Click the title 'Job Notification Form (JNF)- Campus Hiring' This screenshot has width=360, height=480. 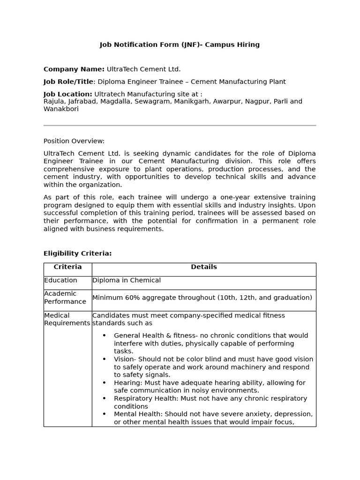[180, 45]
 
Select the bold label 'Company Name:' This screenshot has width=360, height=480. [74, 69]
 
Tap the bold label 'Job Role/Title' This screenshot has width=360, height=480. [68, 82]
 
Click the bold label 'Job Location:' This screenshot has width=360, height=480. [67, 94]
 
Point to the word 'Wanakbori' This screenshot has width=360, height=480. [61, 109]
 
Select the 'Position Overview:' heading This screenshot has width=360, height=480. [74, 141]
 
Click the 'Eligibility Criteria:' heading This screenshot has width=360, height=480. [77, 254]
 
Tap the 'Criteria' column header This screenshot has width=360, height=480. [67, 267]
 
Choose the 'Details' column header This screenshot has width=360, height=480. [203, 267]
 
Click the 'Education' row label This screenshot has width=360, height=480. [60, 280]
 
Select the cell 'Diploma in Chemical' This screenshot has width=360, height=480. [127, 280]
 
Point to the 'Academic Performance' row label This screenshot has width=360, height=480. [65, 298]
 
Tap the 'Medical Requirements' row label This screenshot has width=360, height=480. [67, 319]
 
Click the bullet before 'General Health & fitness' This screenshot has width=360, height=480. [104, 336]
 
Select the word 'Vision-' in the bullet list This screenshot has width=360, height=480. [125, 359]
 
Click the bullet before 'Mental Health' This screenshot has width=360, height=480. [104, 414]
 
